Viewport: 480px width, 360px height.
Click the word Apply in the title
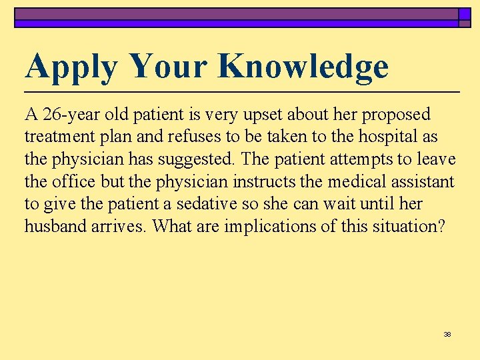click(x=71, y=67)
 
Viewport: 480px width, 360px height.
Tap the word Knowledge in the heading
click(x=303, y=67)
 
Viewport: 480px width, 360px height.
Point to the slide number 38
click(x=447, y=334)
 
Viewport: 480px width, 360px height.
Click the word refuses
click(x=192, y=137)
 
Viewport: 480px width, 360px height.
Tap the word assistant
click(x=424, y=181)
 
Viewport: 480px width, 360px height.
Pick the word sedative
click(x=205, y=203)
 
